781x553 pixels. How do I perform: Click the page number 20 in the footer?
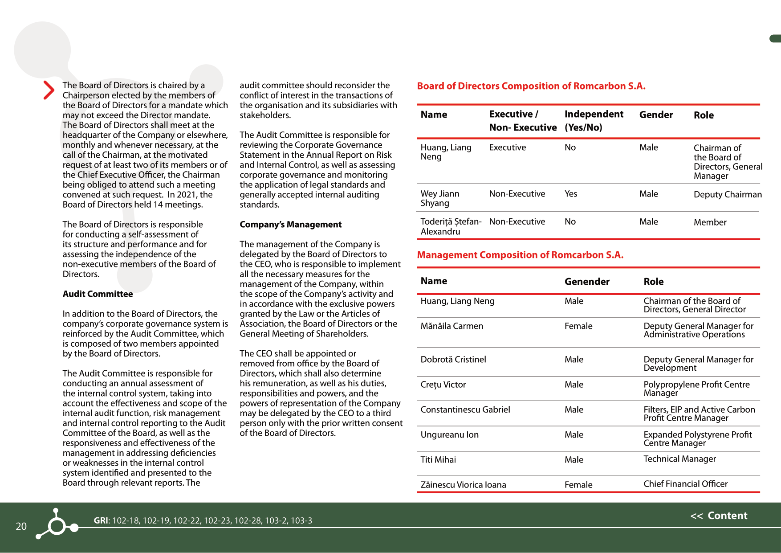[x=21, y=526]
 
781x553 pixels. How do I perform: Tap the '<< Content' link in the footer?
[x=719, y=516]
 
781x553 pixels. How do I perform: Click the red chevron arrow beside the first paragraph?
[x=49, y=90]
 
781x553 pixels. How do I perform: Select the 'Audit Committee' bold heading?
[x=98, y=294]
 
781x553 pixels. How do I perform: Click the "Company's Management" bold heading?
[x=290, y=224]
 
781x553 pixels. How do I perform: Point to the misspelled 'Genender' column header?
[x=587, y=281]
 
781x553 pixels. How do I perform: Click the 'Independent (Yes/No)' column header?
[x=594, y=120]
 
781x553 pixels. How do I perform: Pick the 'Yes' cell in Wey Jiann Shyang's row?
[x=570, y=193]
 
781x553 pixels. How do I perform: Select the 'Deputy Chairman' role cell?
[x=728, y=194]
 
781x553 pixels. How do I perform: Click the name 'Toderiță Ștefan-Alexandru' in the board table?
[x=451, y=226]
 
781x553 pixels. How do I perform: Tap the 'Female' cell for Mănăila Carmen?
[x=578, y=326]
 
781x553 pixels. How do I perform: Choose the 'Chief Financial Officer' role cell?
[x=685, y=483]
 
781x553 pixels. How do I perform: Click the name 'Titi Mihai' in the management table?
[x=438, y=459]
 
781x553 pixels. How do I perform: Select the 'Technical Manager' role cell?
[x=679, y=459]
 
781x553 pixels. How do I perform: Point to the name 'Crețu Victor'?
[x=443, y=384]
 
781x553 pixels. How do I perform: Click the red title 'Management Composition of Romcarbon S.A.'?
[x=520, y=255]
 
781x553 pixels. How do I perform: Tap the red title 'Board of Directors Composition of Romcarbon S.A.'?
[x=531, y=86]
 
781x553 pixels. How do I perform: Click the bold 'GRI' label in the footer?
[x=101, y=520]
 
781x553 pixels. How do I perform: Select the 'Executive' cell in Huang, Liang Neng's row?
[x=507, y=147]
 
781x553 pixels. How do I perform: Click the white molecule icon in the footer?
[x=57, y=524]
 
